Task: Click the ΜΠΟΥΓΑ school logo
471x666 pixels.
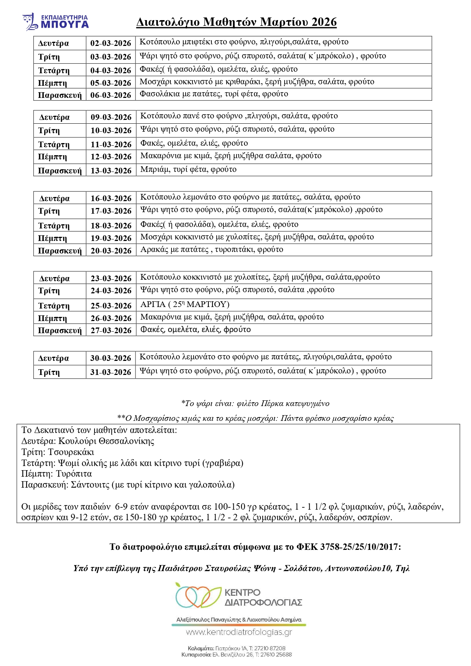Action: click(55, 22)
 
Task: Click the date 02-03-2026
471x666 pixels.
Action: click(110, 43)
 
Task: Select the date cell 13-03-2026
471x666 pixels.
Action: click(111, 171)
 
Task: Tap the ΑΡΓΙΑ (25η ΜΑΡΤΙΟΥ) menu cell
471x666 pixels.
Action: click(185, 305)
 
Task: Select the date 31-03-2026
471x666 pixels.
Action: click(110, 372)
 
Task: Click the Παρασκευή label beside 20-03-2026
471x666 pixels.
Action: click(60, 251)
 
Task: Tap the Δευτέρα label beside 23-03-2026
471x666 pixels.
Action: click(54, 279)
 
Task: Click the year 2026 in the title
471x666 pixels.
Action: click(324, 22)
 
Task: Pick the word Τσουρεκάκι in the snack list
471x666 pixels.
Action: click(71, 452)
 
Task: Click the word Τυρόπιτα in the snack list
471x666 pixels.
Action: click(74, 474)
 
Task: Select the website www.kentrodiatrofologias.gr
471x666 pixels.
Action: click(239, 632)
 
